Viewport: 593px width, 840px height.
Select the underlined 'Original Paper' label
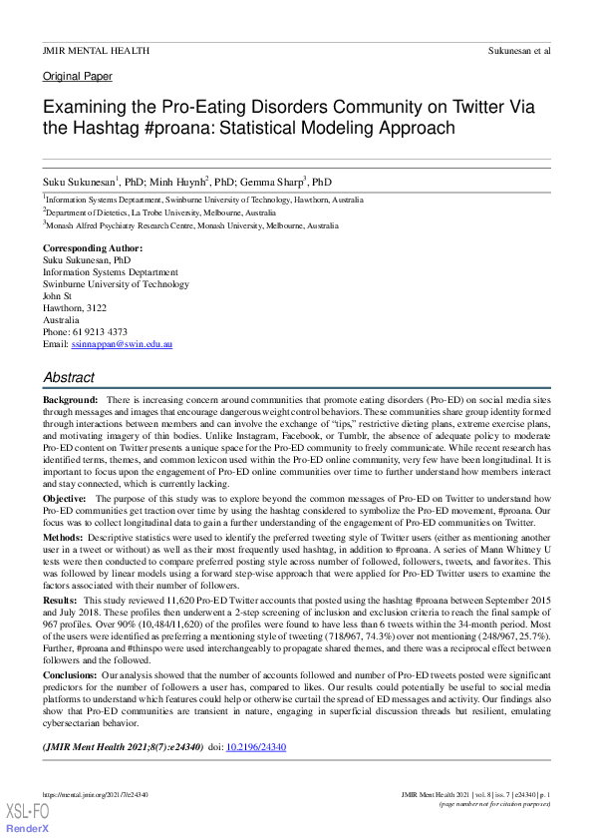pos(78,76)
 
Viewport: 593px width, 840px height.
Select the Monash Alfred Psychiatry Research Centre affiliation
pos(192,226)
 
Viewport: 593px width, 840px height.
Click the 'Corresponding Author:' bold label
pos(93,247)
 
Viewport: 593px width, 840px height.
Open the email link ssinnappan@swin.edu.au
pos(122,344)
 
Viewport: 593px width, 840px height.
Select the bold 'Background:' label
pos(70,399)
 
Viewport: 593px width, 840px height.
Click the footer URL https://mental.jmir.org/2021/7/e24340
pos(96,794)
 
